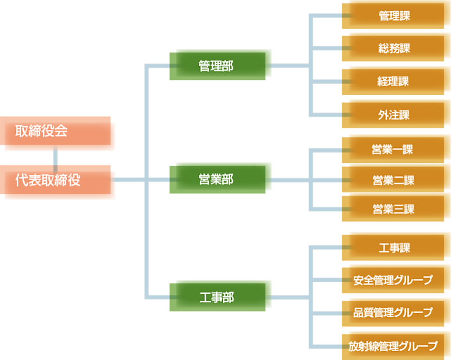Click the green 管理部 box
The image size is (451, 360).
(220, 65)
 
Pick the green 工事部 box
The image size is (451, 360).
(220, 296)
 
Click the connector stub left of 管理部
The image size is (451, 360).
(172, 66)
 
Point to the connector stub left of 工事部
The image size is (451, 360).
(172, 297)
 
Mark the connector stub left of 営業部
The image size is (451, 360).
(172, 179)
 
